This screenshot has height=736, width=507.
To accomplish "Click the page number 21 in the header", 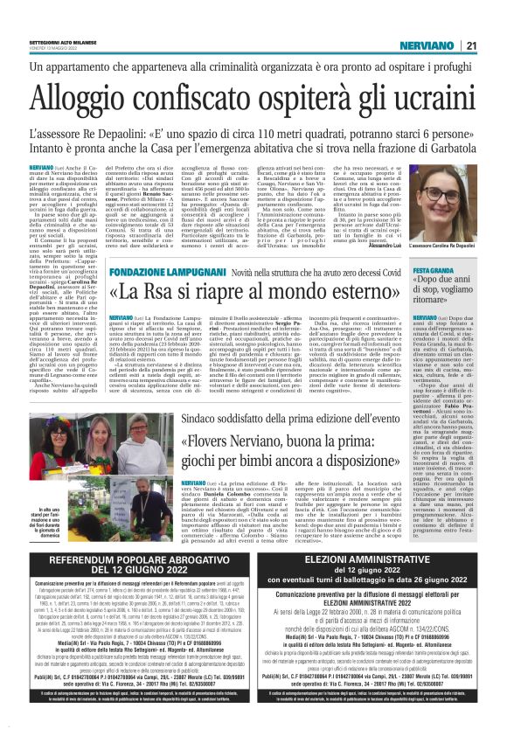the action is (x=471, y=21).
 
